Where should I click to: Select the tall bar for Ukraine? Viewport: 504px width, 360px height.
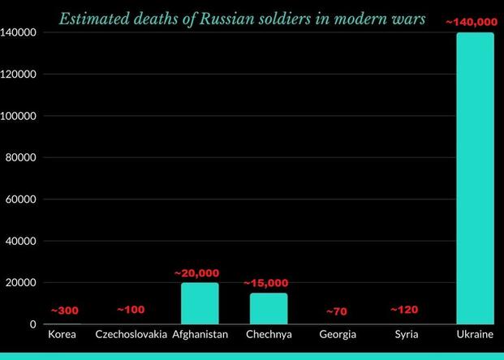pyautogui.click(x=475, y=178)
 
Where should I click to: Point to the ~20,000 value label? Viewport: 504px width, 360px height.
pyautogui.click(x=196, y=273)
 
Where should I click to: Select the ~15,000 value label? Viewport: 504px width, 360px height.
pyautogui.click(x=266, y=283)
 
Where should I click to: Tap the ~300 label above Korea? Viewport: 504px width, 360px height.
pyautogui.click(x=65, y=311)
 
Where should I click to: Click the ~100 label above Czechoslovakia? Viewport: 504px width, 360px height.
pyautogui.click(x=131, y=310)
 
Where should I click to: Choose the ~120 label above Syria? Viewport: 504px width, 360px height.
pyautogui.click(x=405, y=310)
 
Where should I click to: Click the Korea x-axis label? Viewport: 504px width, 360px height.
pyautogui.click(x=62, y=334)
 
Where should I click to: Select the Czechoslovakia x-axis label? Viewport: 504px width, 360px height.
pyautogui.click(x=131, y=334)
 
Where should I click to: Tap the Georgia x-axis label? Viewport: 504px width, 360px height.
pyautogui.click(x=338, y=334)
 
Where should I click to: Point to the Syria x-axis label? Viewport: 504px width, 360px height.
pyautogui.click(x=407, y=334)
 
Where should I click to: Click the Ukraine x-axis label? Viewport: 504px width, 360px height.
pyautogui.click(x=475, y=334)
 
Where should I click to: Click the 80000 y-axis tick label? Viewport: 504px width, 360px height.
pyautogui.click(x=21, y=157)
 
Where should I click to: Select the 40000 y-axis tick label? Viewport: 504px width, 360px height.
pyautogui.click(x=21, y=241)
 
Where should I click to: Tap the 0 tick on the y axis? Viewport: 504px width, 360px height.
pyautogui.click(x=32, y=324)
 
